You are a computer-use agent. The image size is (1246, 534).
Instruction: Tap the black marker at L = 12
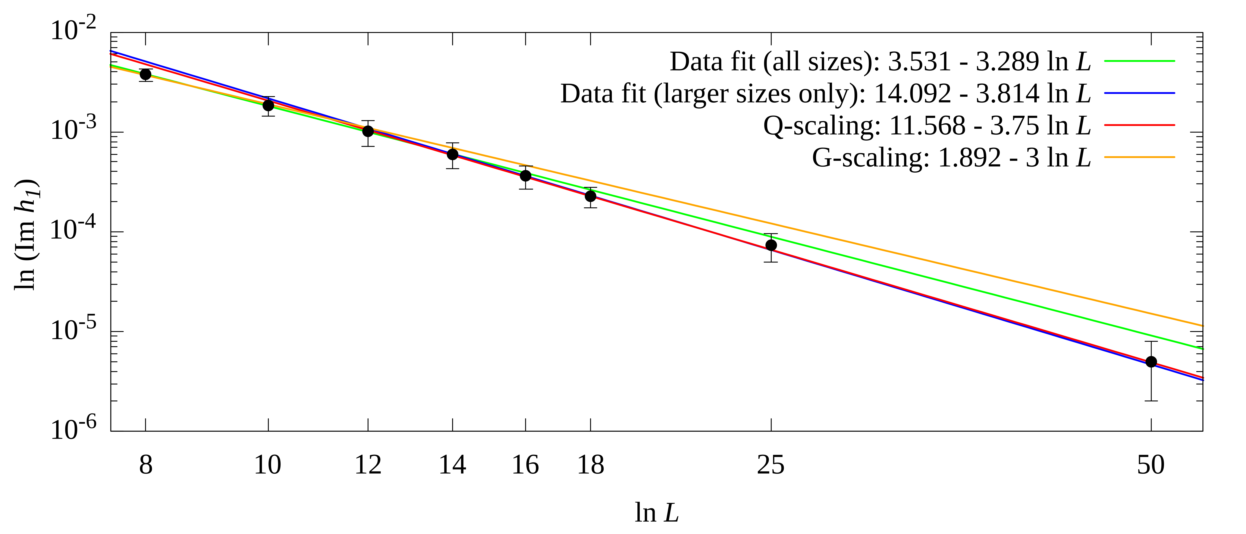click(x=368, y=131)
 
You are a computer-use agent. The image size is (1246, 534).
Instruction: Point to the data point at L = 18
click(x=591, y=196)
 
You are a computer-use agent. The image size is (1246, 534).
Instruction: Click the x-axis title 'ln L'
click(x=657, y=513)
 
